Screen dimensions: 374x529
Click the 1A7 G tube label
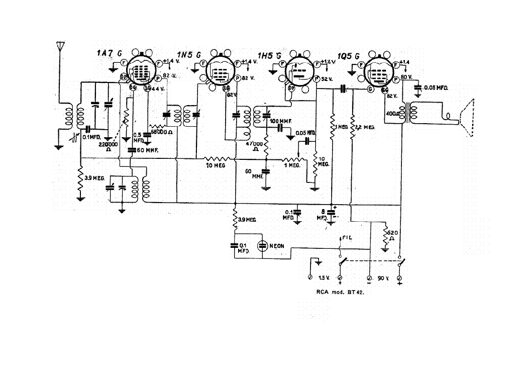click(x=109, y=54)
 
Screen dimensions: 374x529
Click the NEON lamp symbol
click(x=262, y=246)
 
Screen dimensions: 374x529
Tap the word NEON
click(x=277, y=246)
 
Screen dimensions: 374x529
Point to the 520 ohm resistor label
click(x=393, y=235)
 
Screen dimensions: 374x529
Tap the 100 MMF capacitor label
click(x=280, y=122)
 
